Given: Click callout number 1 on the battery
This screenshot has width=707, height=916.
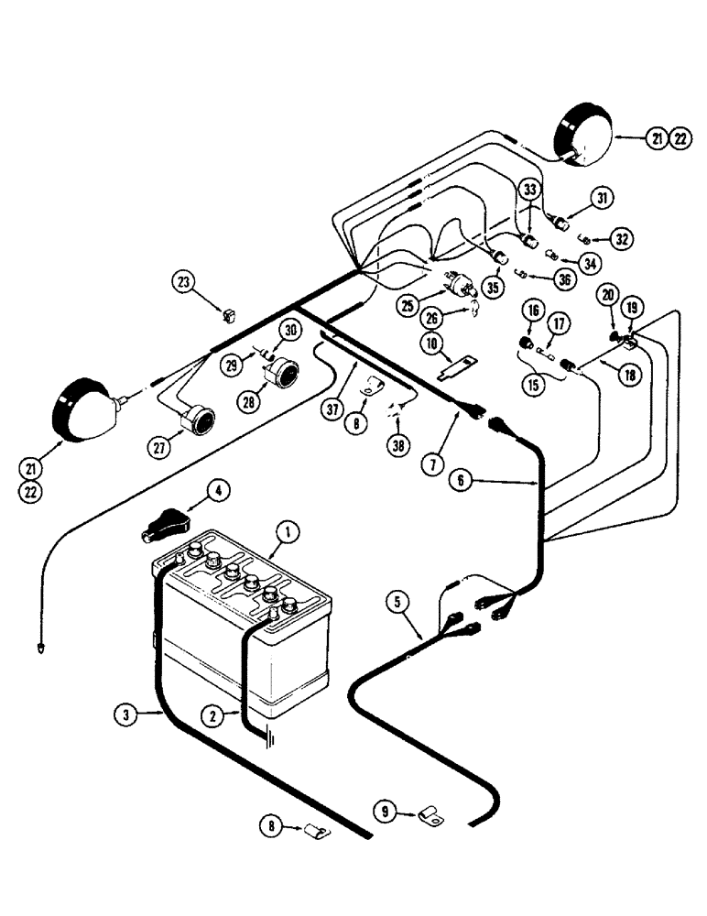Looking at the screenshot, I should point(288,529).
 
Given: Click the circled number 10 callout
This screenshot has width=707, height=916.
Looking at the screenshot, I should point(430,343).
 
